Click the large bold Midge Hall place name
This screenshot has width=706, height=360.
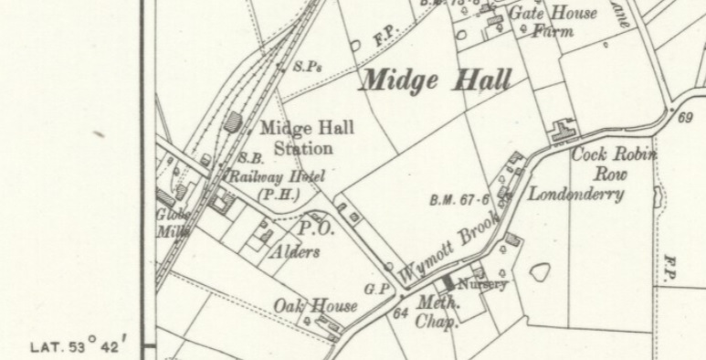tap(436, 79)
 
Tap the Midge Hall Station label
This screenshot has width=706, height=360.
tap(306, 138)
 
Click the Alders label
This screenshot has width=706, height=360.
tap(294, 252)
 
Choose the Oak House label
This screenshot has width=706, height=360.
tap(316, 306)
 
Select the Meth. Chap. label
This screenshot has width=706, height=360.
tap(437, 311)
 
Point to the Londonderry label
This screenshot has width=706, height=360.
tap(575, 194)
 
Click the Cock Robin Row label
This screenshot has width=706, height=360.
tap(613, 164)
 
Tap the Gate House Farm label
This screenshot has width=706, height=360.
tap(553, 22)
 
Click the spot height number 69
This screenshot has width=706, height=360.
tap(686, 118)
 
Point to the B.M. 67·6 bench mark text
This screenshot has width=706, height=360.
tap(459, 200)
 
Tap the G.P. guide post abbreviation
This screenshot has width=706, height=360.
tap(378, 289)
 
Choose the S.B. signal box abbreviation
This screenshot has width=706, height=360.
tap(251, 158)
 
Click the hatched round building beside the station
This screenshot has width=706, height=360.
tap(234, 122)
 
